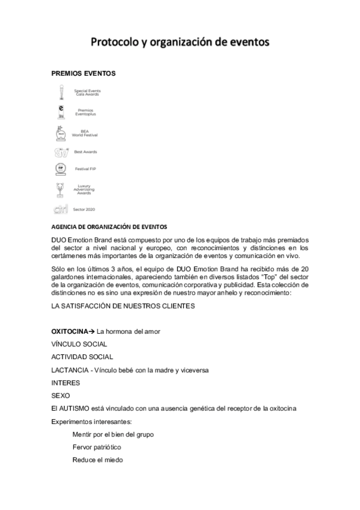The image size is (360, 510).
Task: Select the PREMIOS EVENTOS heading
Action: [84, 73]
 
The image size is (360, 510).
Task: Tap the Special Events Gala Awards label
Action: [87, 93]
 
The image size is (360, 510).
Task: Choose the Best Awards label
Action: [85, 152]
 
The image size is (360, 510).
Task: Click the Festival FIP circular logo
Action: [60, 169]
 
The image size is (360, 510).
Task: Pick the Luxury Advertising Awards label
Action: [84, 190]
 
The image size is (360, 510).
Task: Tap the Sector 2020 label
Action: [84, 209]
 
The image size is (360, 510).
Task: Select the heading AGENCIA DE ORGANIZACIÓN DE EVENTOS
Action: [109, 227]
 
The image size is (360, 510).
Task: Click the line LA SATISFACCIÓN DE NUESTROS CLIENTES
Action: [123, 306]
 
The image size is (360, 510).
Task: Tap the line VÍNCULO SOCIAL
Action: [79, 344]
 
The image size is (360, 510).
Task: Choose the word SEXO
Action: [61, 395]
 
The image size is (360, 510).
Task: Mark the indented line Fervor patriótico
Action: [97, 447]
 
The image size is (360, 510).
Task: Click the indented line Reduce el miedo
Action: [97, 459]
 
